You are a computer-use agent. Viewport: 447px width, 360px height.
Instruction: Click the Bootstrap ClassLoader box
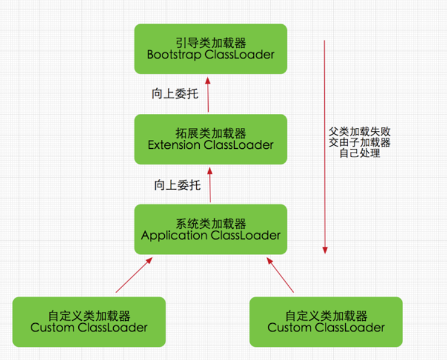[210, 49]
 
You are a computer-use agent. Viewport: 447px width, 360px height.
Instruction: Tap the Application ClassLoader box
[210, 230]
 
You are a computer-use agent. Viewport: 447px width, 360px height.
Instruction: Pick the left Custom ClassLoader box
[89, 321]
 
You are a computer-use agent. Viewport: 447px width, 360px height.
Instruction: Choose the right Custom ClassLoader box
[325, 321]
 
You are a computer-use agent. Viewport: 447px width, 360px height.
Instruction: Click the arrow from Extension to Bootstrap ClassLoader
[207, 94]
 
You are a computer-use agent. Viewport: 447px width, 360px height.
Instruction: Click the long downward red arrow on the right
[324, 145]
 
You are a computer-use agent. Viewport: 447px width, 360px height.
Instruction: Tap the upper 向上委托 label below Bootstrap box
[175, 94]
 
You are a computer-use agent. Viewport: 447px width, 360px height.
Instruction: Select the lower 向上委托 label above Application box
[177, 185]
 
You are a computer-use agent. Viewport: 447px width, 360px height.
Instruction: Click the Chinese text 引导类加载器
[210, 43]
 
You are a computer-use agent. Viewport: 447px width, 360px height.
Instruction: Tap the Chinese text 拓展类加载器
[210, 133]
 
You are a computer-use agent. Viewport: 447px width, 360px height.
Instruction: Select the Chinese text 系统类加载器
[210, 224]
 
